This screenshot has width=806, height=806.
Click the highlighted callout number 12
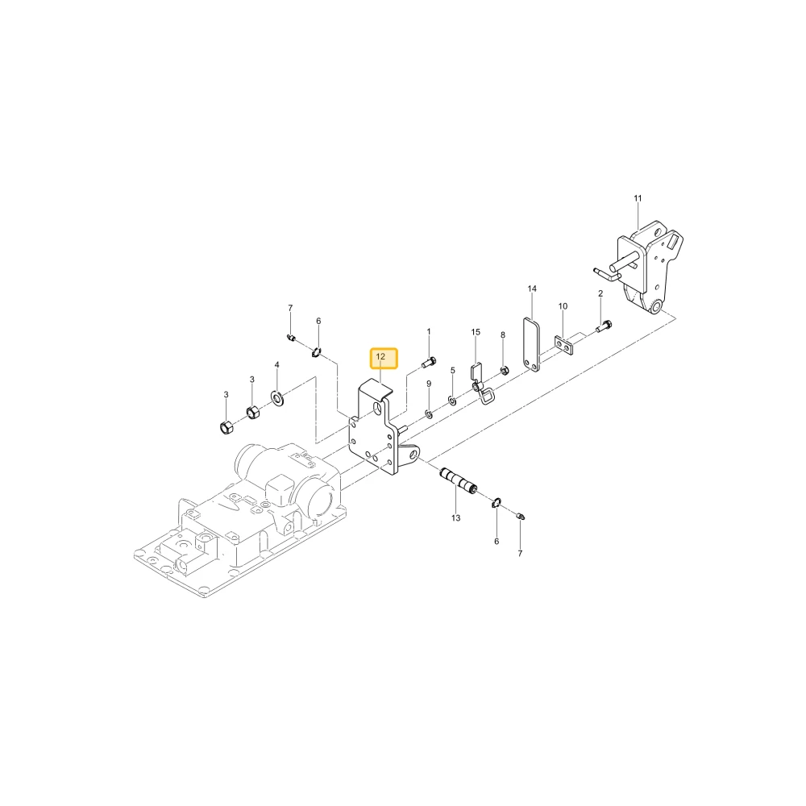380,357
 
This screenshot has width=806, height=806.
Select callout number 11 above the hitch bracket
638,198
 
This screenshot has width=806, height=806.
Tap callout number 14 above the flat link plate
532,289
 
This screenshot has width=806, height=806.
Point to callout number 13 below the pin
456,518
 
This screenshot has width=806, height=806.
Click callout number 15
476,332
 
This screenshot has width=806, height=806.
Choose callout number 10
563,306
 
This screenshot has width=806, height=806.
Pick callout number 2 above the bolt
600,293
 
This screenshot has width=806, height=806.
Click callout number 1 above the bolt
429,332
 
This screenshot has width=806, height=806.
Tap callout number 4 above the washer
276,365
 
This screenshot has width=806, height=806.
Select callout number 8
503,335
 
